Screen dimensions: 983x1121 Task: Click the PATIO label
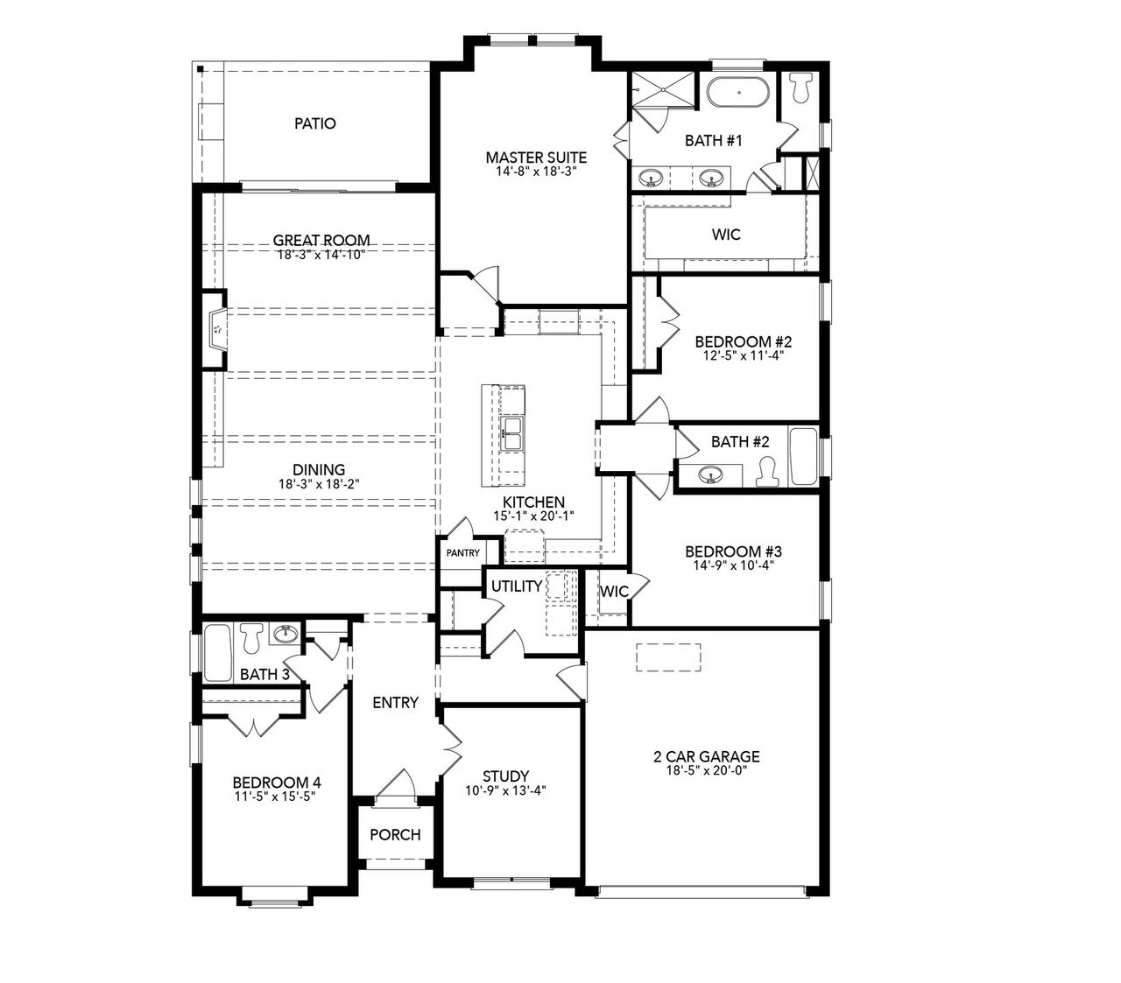pos(314,123)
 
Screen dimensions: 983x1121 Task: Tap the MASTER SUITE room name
pos(536,158)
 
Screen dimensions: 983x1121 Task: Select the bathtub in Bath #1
pos(738,92)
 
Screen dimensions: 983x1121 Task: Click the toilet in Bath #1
pos(800,87)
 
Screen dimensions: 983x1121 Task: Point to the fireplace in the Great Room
pos(215,330)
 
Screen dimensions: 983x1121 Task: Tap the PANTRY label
pos(462,553)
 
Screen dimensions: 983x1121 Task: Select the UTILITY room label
pos(516,586)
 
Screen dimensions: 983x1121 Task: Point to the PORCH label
pos(394,834)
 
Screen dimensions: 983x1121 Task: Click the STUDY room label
pos(505,776)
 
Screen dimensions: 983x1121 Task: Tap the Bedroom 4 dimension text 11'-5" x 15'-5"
pos(270,797)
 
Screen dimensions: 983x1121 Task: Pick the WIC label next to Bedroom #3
pos(614,592)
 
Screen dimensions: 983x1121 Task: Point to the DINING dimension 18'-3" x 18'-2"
pos(319,483)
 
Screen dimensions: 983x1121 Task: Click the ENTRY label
pos(395,702)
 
